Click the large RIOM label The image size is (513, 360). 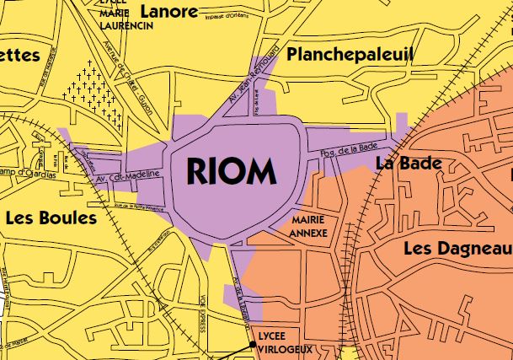tap(231, 172)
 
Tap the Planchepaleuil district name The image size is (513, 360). tap(350, 55)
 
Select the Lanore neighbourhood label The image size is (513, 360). tap(168, 11)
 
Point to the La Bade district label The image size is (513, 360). tap(409, 163)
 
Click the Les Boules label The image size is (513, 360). tap(51, 218)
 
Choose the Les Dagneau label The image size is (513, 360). tap(457, 249)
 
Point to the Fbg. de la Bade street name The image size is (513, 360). tap(349, 149)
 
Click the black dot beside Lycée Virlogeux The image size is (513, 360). tap(252, 344)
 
